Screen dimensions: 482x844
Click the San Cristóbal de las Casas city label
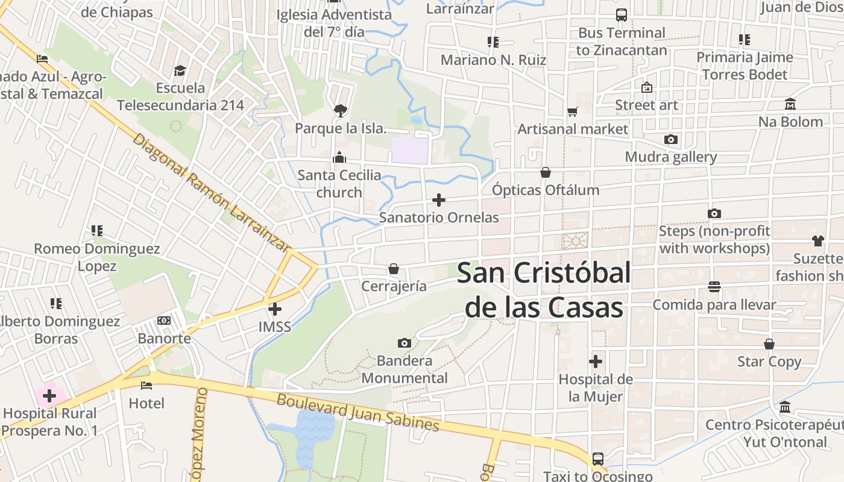[544, 290]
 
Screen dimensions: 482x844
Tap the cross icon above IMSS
[275, 309]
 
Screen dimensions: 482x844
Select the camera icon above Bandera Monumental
[405, 343]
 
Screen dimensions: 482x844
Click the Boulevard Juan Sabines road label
[357, 413]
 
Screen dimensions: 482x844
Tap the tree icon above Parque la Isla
[340, 110]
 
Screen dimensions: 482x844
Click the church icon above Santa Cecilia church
[339, 158]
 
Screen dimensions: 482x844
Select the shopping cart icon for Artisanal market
[572, 111]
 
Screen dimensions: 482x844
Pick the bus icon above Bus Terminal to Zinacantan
[621, 15]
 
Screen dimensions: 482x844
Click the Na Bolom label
[790, 122]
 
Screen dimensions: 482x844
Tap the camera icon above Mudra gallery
[670, 140]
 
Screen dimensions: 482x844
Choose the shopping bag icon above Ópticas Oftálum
[546, 173]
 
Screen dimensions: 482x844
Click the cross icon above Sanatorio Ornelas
[439, 200]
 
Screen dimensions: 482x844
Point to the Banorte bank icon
[164, 321]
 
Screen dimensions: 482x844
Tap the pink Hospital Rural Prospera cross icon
[49, 396]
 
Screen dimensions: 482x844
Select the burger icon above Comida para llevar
[714, 287]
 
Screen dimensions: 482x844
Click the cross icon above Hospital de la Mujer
[596, 361]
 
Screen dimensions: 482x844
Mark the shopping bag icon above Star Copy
[769, 344]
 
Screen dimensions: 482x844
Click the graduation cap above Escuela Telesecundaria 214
[180, 71]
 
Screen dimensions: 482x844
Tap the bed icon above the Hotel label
[146, 386]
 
